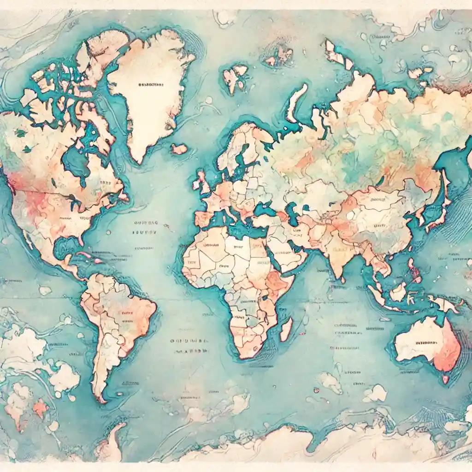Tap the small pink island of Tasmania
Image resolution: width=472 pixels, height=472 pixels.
click(x=445, y=379)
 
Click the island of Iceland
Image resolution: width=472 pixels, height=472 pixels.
click(x=179, y=149)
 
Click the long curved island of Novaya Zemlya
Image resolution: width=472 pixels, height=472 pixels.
click(x=295, y=101)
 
